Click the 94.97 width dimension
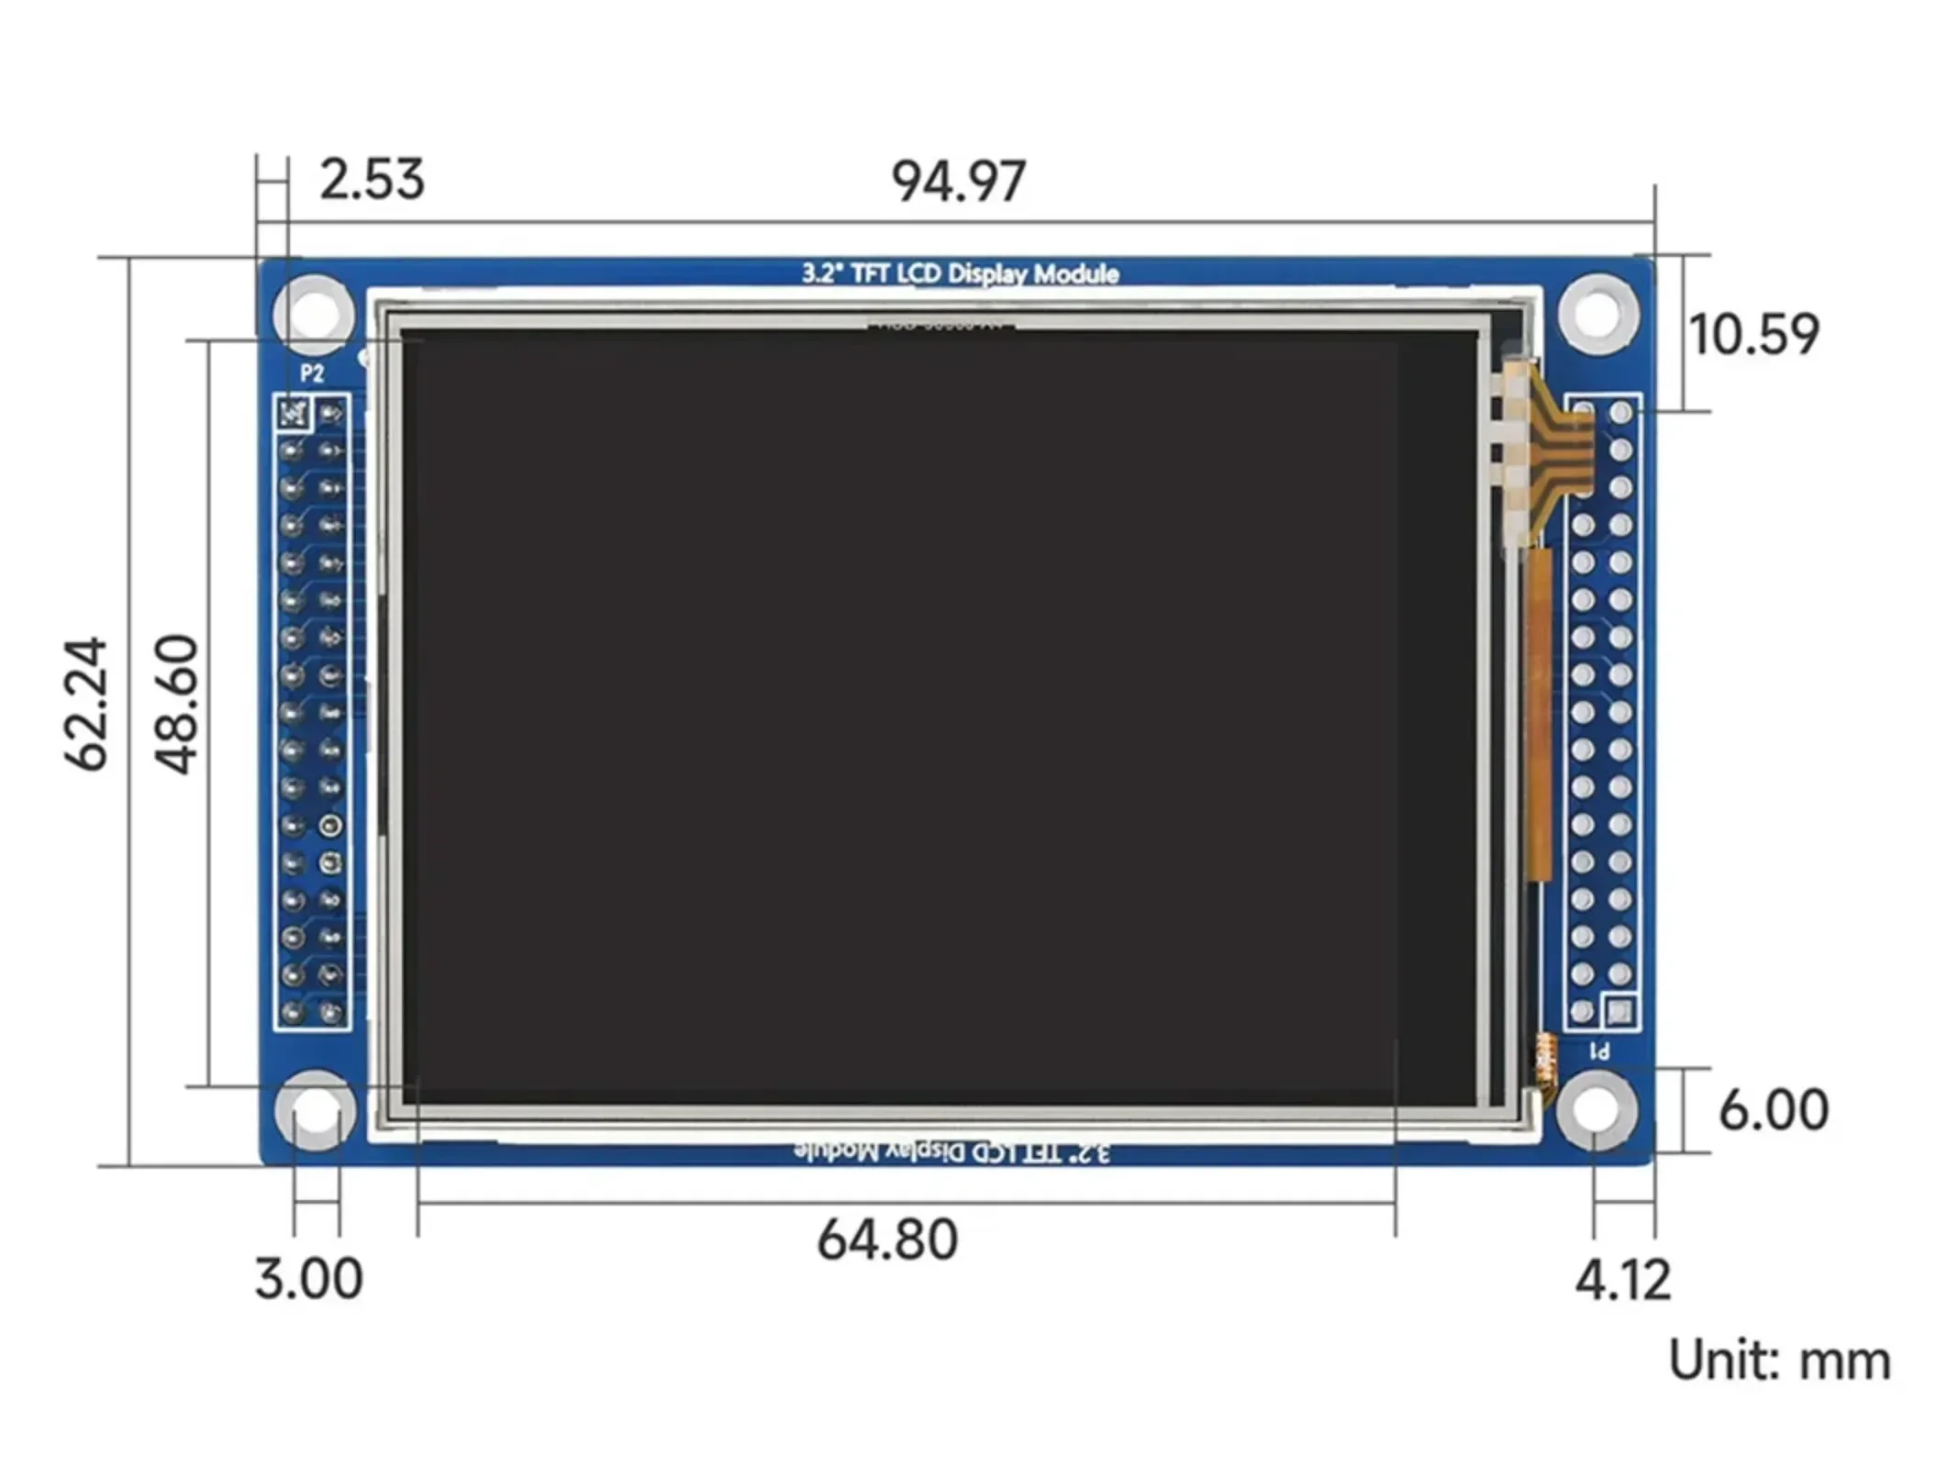tap(958, 181)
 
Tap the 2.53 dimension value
tap(372, 179)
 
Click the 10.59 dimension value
tap(1752, 334)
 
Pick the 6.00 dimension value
tap(1773, 1109)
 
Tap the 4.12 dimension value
tap(1622, 1280)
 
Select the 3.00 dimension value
tap(308, 1278)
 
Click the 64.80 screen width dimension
tap(887, 1240)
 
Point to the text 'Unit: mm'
tap(1779, 1361)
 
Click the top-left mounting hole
tap(314, 313)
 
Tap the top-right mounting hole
tap(1597, 313)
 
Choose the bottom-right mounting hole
tap(1596, 1109)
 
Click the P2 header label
tap(312, 373)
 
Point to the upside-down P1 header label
tap(1599, 1051)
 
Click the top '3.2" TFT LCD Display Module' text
tap(960, 273)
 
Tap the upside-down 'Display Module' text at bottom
tap(951, 1151)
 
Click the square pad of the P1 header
tap(1619, 1012)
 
